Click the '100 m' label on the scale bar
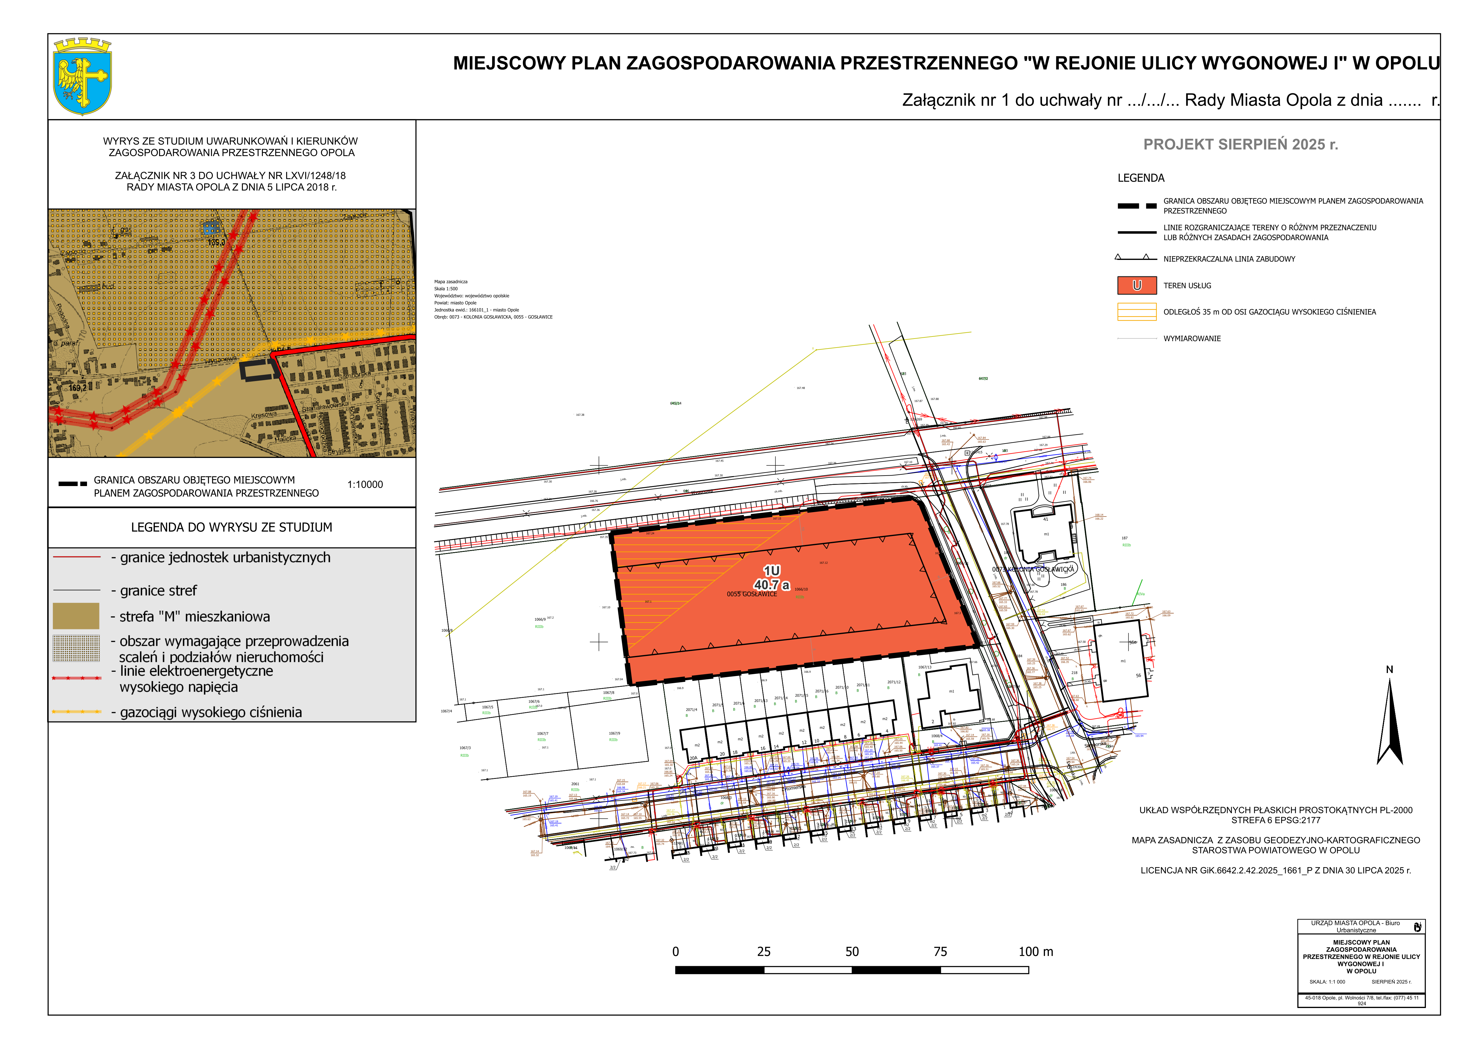pos(1035,951)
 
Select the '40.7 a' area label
pos(771,585)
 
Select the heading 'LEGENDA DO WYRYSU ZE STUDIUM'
pos(231,527)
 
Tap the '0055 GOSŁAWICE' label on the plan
pos(752,594)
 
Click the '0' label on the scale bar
pos(676,951)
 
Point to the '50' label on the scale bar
pos(852,951)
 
